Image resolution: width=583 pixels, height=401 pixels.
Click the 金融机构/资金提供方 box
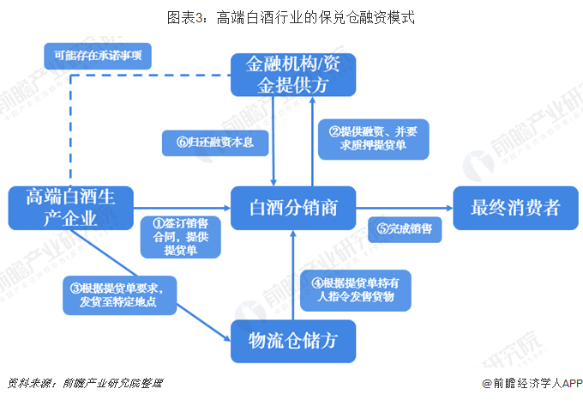click(293, 75)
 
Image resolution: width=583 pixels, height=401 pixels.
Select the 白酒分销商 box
click(293, 208)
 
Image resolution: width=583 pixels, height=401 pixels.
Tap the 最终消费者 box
click(515, 208)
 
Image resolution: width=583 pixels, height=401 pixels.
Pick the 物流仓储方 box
click(293, 341)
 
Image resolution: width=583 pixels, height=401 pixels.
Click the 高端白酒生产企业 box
click(70, 208)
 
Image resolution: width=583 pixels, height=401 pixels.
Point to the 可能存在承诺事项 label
click(98, 56)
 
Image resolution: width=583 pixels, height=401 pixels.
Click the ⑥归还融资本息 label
click(215, 143)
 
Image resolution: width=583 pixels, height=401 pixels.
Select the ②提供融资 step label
click(373, 139)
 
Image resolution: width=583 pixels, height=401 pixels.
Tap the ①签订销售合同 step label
click(181, 237)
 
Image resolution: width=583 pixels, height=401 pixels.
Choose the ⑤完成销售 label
click(405, 229)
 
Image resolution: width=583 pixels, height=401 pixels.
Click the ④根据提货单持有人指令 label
click(356, 290)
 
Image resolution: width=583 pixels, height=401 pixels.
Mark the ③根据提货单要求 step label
click(119, 295)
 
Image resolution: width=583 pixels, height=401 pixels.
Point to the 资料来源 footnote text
click(85, 383)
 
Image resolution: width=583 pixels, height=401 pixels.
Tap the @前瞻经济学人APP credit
click(532, 383)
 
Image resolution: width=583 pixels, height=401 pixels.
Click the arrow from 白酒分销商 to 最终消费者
click(405, 208)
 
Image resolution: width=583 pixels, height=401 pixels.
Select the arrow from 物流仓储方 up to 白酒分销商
click(293, 275)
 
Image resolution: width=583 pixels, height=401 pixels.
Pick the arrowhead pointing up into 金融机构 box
click(313, 100)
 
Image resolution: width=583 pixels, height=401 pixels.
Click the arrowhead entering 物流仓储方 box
click(227, 338)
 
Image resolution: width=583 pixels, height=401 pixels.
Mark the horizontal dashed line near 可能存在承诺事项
click(151, 76)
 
